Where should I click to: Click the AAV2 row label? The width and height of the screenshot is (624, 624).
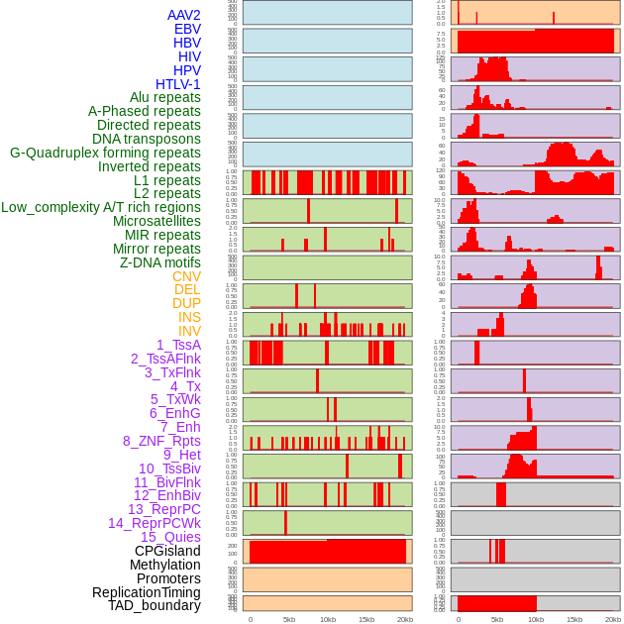pyautogui.click(x=183, y=15)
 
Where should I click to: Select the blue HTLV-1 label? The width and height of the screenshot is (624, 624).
pyautogui.click(x=177, y=84)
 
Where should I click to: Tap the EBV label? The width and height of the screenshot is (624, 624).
pyautogui.click(x=187, y=29)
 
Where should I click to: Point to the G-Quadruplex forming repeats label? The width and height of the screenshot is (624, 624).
pyautogui.click(x=105, y=153)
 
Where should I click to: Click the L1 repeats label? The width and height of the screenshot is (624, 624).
pyautogui.click(x=166, y=180)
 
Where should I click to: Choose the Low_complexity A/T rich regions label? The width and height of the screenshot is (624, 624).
pyautogui.click(x=101, y=207)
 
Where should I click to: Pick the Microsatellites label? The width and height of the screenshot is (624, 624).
pyautogui.click(x=156, y=221)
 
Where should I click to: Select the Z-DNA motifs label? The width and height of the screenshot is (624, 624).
pyautogui.click(x=159, y=262)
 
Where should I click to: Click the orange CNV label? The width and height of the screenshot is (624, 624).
pyautogui.click(x=186, y=276)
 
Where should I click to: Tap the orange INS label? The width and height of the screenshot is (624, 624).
pyautogui.click(x=189, y=317)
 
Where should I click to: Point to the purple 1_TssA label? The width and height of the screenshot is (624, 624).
pyautogui.click(x=178, y=345)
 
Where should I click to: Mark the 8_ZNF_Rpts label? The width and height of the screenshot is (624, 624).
pyautogui.click(x=161, y=441)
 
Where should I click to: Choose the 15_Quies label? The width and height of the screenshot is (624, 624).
pyautogui.click(x=170, y=537)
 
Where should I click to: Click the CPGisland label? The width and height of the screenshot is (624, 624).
pyautogui.click(x=167, y=551)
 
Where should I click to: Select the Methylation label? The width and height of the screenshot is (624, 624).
pyautogui.click(x=165, y=565)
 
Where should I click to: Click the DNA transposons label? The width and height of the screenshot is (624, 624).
pyautogui.click(x=147, y=139)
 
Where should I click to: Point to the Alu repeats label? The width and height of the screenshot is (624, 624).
pyautogui.click(x=164, y=97)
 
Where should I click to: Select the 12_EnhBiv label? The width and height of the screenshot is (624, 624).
pyautogui.click(x=167, y=495)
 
